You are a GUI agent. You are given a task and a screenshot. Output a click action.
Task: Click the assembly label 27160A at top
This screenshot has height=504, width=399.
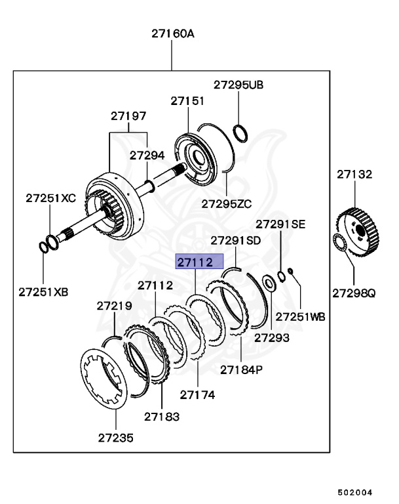coord(173,33)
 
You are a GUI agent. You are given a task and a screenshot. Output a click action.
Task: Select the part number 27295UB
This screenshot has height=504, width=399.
coord(238,85)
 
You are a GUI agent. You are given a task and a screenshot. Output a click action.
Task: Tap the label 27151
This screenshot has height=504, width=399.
coord(188,101)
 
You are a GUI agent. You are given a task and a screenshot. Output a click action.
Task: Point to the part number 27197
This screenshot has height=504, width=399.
coord(128,116)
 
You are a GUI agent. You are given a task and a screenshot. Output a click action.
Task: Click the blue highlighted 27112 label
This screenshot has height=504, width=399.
coord(195,262)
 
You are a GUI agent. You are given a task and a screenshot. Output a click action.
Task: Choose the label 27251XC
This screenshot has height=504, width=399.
coord(51,198)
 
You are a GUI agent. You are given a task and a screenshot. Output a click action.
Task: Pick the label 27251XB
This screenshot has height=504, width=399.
coord(43,291)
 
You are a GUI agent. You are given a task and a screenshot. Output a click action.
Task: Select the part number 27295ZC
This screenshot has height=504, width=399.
coord(226,203)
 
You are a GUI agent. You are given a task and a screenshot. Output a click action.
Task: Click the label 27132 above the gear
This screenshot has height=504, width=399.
coord(354,175)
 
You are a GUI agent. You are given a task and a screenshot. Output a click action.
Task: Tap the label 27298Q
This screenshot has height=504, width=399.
coord(354,293)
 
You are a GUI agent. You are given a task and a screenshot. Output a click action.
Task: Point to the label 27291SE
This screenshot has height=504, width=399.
coord(280,224)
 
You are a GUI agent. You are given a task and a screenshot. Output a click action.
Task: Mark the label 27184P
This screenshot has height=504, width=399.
coord(241,369)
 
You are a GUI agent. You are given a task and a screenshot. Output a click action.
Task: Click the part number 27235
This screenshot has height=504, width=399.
coord(116,437)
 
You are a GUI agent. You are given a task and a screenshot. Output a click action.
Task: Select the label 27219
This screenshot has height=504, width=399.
coord(115,306)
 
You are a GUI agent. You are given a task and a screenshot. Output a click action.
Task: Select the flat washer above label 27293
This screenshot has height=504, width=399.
coord(269,283)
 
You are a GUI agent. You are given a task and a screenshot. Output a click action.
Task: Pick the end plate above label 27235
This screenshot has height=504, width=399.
coord(104,382)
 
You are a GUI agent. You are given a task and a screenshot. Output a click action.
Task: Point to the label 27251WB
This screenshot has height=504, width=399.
coord(300,317)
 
